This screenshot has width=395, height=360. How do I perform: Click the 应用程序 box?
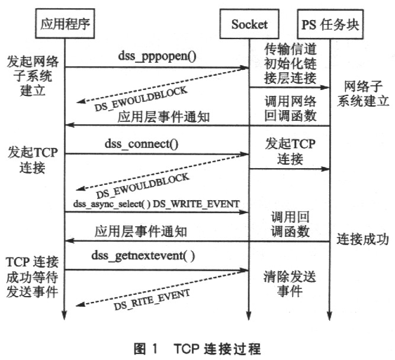[x=65, y=24]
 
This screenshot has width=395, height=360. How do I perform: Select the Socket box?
[x=249, y=24]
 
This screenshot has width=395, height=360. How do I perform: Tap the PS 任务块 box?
[x=330, y=24]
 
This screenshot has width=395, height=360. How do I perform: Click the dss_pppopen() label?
[x=157, y=56]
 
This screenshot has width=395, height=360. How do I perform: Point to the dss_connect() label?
[x=142, y=144]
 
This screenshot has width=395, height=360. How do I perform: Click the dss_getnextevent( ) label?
[x=143, y=256]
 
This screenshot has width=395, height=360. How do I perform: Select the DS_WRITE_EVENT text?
[x=196, y=204]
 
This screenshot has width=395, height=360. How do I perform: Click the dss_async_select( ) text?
[x=111, y=204]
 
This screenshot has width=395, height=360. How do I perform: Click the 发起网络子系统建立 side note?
[x=33, y=76]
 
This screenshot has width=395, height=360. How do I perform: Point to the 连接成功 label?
[x=362, y=239]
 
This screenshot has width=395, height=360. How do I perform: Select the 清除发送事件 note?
[x=290, y=284]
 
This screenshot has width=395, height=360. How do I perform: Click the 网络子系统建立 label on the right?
[x=363, y=94]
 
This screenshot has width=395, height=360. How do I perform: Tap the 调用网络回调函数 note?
[x=290, y=109]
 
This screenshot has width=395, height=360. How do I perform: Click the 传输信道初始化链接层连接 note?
[x=290, y=63]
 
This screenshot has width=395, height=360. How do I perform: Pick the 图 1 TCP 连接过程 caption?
[x=197, y=349]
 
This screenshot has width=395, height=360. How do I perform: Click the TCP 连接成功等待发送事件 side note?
[x=32, y=277]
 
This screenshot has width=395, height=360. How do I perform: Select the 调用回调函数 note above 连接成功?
[x=290, y=224]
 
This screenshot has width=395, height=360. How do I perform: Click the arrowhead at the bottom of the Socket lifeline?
[x=249, y=316]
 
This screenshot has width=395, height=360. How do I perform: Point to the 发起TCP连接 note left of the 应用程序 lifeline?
[x=33, y=160]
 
